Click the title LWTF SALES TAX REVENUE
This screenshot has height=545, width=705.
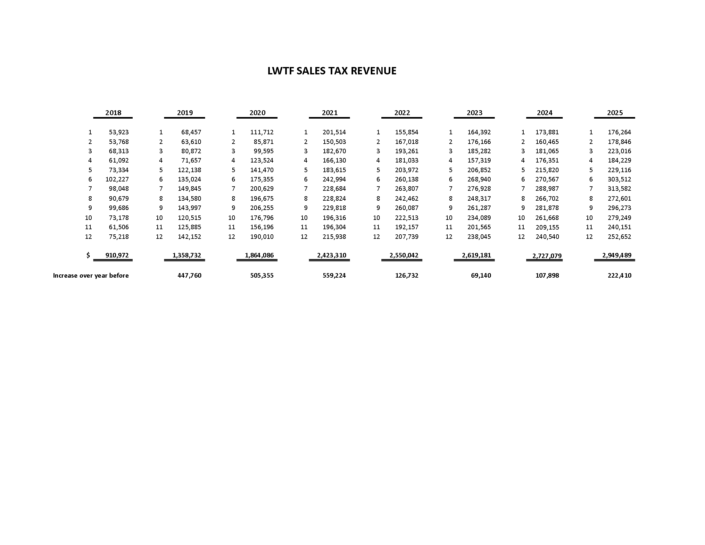(x=332, y=71)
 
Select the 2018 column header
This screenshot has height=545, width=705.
(x=113, y=113)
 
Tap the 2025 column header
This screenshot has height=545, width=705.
(x=615, y=113)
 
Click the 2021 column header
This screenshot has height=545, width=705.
(x=329, y=113)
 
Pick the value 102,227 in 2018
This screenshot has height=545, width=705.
(x=117, y=179)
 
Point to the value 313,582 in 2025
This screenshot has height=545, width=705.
(x=619, y=189)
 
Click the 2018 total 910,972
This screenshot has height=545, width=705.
(x=117, y=255)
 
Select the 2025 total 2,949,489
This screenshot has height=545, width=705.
(x=617, y=255)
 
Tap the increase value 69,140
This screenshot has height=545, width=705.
(x=481, y=275)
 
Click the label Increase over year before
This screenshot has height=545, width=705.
(x=91, y=275)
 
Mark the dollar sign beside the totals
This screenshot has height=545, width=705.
(x=88, y=255)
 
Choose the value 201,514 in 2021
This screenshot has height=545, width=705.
(x=334, y=132)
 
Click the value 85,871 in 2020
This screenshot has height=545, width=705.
(x=264, y=142)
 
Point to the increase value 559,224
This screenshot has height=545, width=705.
(x=334, y=275)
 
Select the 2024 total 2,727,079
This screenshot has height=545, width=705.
(x=547, y=256)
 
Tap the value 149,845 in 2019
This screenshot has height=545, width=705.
(x=189, y=189)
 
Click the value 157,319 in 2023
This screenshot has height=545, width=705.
(x=479, y=161)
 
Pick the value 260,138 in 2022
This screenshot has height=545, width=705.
(x=406, y=179)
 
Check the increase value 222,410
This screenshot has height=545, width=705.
(x=619, y=275)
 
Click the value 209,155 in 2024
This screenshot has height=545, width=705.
(x=547, y=227)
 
